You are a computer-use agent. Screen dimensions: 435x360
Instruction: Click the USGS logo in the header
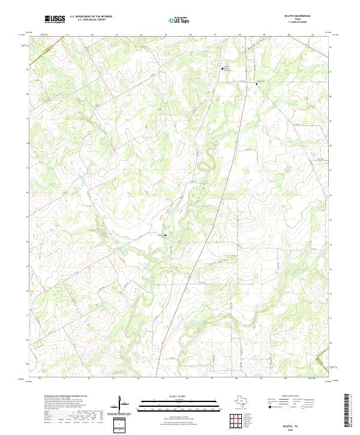(55, 20)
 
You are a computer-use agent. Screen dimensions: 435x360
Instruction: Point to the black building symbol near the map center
(165, 235)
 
